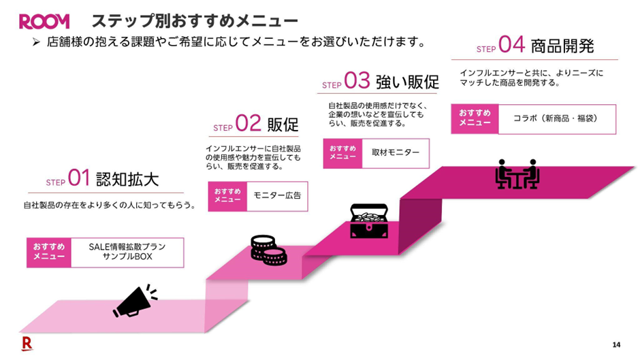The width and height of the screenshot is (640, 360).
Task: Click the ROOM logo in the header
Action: click(44, 22)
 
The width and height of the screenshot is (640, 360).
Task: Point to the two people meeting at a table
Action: click(517, 174)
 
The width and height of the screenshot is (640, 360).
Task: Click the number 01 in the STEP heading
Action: click(79, 179)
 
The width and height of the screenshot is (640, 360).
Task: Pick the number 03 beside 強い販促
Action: click(357, 82)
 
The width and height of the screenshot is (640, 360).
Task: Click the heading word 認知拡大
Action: click(127, 180)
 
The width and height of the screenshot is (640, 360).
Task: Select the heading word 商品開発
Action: click(563, 46)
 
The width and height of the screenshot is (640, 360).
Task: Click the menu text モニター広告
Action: click(276, 196)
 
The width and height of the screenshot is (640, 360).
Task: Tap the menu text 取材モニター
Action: click(396, 153)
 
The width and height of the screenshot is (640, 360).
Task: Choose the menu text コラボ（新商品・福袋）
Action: click(556, 118)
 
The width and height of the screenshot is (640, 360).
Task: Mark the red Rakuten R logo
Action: click(27, 342)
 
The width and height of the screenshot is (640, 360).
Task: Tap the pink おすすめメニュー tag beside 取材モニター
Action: click(342, 152)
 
